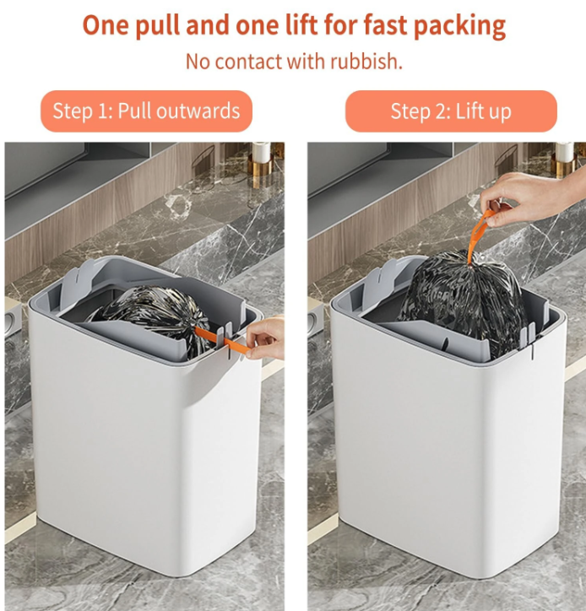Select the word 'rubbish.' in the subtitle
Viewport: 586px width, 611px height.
click(x=366, y=62)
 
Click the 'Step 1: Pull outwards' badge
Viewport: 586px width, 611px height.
click(x=146, y=111)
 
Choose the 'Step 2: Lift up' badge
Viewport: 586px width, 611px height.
click(x=451, y=111)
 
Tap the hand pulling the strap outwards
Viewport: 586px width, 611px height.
click(x=266, y=338)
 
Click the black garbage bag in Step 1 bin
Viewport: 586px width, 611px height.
click(x=156, y=316)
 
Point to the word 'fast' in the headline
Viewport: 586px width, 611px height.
click(x=385, y=25)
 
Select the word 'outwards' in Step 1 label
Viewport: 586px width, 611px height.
click(x=198, y=111)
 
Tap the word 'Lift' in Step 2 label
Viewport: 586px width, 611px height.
click(x=468, y=111)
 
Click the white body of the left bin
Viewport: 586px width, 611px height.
click(x=144, y=460)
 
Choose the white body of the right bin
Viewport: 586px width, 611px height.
click(x=448, y=460)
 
